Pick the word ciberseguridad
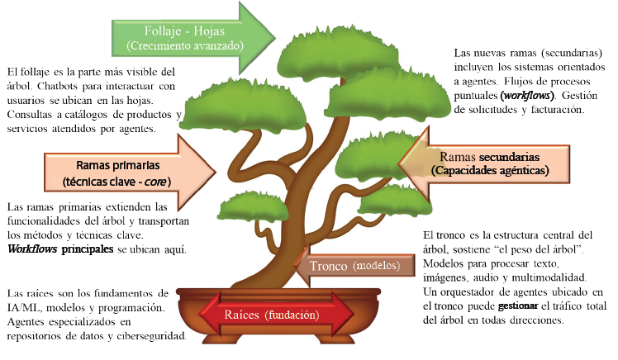click(x=150, y=337)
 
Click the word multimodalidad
click(x=551, y=277)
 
